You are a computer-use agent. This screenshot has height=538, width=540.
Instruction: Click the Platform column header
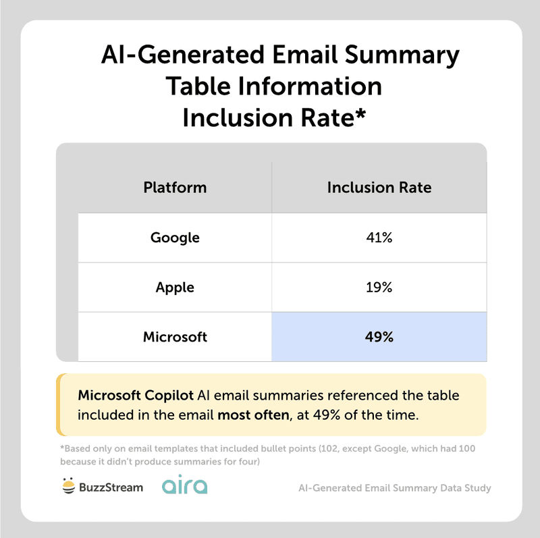[x=175, y=187]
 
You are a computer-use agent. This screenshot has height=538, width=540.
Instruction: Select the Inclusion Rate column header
[x=379, y=187]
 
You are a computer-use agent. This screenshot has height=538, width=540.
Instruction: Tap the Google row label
[x=175, y=238]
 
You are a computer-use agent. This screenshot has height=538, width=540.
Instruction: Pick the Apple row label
[x=175, y=287]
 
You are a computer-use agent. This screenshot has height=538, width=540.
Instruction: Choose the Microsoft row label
[x=175, y=336]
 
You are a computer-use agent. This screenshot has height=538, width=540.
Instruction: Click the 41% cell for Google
[x=379, y=238]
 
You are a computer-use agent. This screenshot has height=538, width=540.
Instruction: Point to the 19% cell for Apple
[x=379, y=287]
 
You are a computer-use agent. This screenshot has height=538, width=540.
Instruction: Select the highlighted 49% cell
[x=379, y=336]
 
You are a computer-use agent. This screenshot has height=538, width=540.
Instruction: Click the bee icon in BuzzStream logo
[x=68, y=486]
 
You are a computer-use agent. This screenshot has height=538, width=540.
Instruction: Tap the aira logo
[x=185, y=486]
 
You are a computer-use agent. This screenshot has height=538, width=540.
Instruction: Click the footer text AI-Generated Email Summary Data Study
[x=394, y=487]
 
